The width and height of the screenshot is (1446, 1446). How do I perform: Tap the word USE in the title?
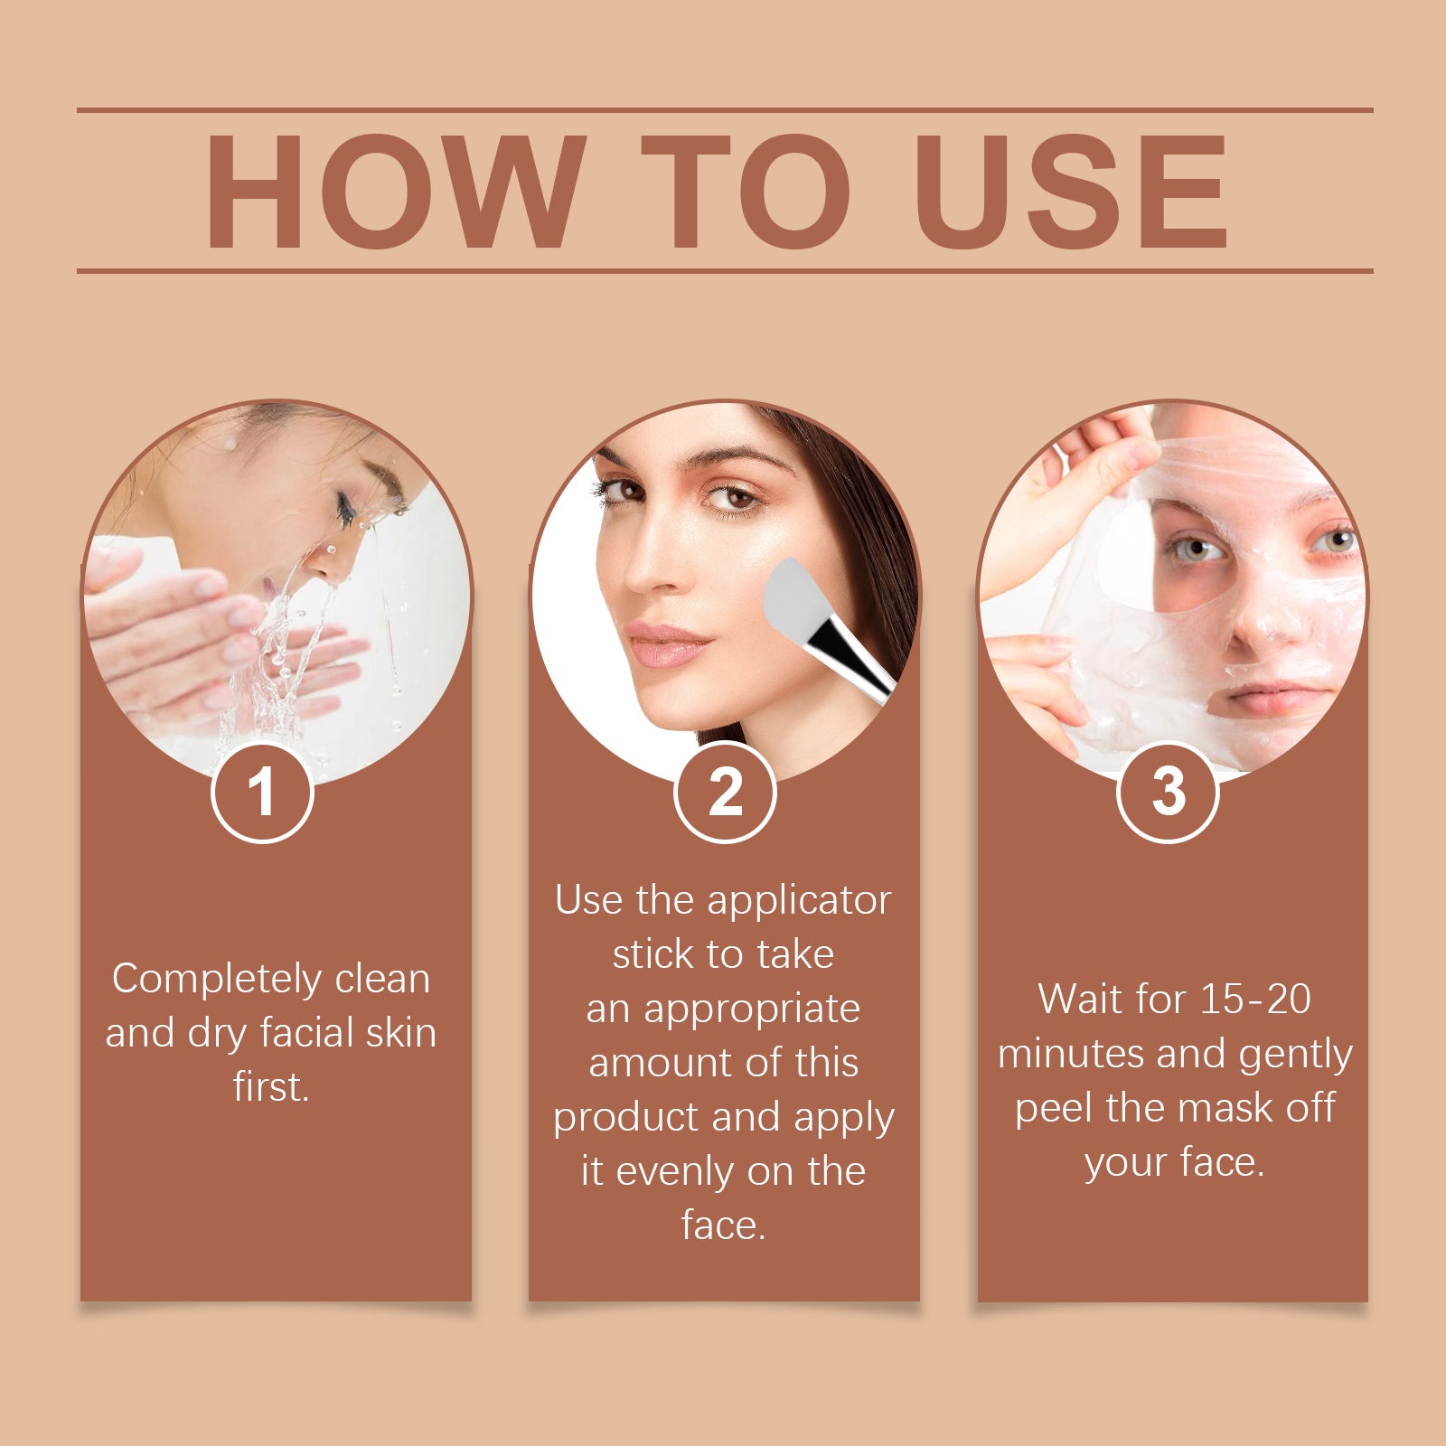[x=1071, y=192]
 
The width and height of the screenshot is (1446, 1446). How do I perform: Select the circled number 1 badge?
[x=262, y=793]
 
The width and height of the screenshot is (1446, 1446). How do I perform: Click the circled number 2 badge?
[x=725, y=793]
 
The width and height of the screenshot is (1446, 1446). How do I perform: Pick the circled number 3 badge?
[x=1168, y=793]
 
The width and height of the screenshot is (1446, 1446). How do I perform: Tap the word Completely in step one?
[x=217, y=980]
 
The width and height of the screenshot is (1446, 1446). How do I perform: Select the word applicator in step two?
[x=799, y=901]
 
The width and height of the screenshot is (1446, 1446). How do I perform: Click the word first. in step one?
[x=271, y=1087]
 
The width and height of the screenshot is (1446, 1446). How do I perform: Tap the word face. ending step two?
[x=723, y=1225]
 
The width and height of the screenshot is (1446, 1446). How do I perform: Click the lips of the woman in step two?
[x=667, y=643]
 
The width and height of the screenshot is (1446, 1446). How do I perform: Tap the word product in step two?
[x=626, y=1119]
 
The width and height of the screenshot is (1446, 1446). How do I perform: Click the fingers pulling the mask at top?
[x=1098, y=452]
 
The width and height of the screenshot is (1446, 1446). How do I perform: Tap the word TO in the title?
[x=746, y=192]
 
